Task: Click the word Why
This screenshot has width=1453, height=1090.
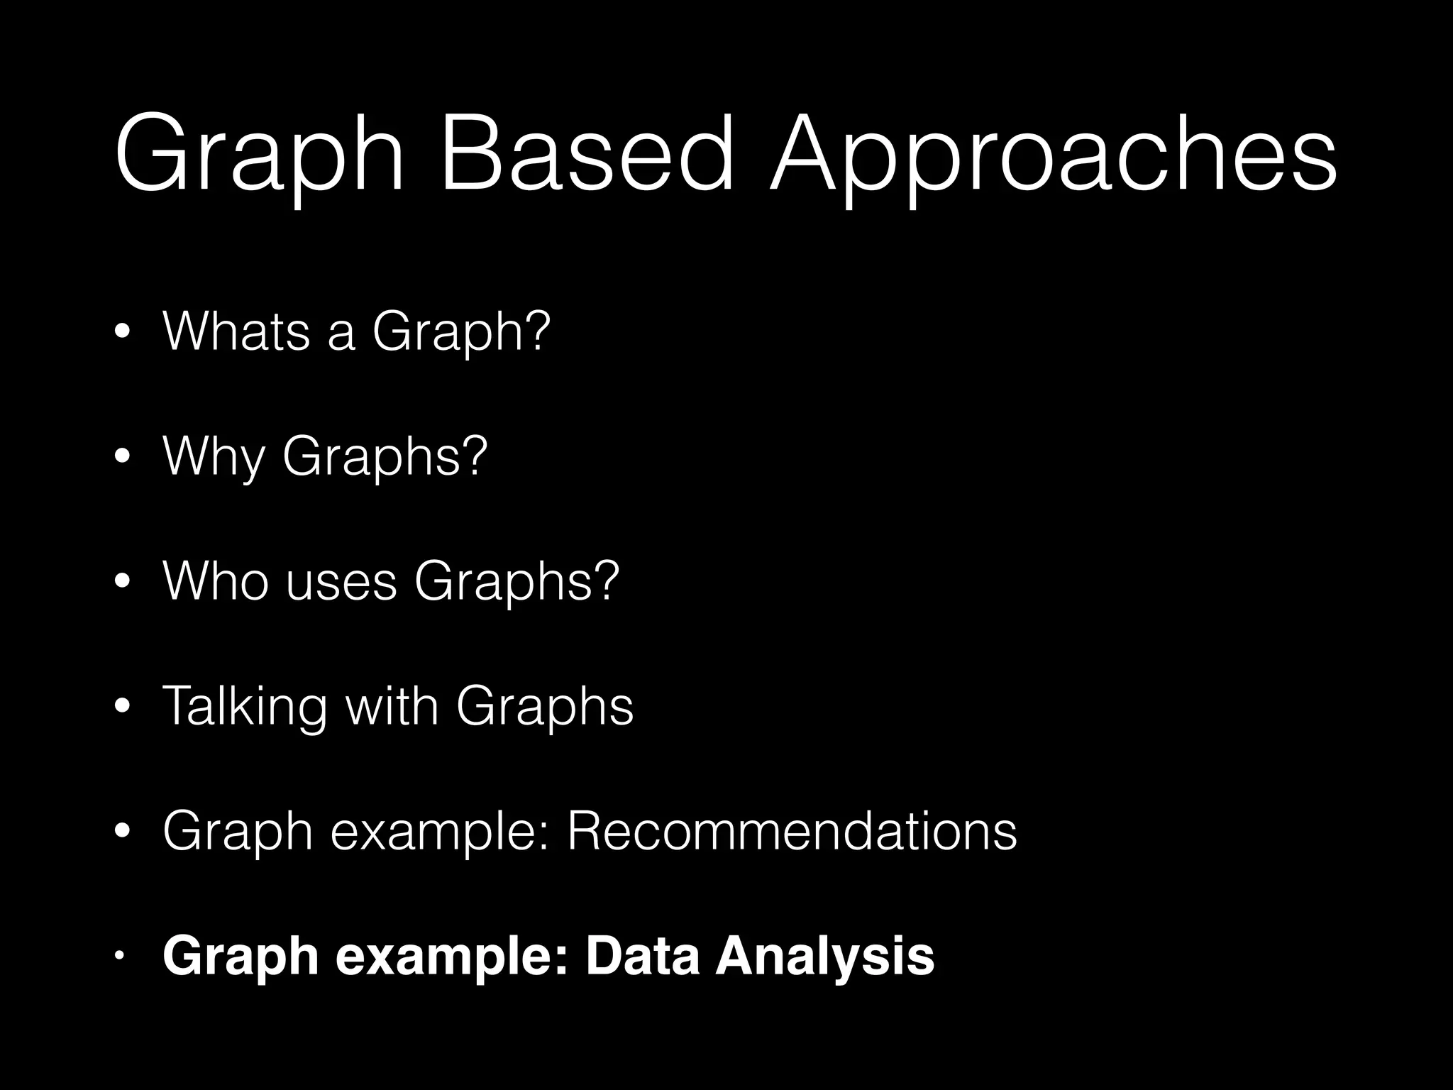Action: click(214, 458)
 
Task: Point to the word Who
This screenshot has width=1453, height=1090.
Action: click(216, 581)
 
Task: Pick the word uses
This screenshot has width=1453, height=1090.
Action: click(341, 581)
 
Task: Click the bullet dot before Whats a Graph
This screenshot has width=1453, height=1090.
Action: click(123, 332)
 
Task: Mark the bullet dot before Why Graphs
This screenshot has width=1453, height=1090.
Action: click(123, 457)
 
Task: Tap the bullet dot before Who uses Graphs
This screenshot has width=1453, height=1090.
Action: click(123, 582)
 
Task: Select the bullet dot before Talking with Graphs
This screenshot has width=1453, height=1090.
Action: click(123, 707)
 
